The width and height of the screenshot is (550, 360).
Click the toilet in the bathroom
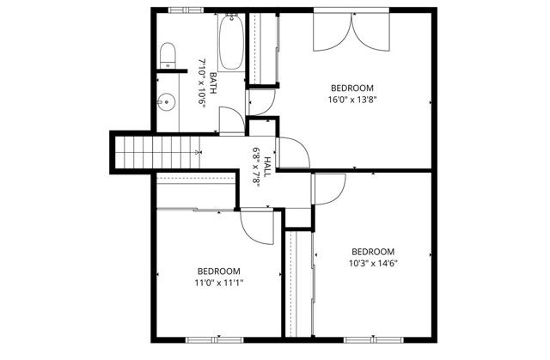[x=168, y=57]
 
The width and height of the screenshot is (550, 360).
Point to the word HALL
[x=267, y=166]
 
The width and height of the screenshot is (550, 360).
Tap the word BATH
[x=212, y=84]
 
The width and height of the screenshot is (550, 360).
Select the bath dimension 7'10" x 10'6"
[x=202, y=82]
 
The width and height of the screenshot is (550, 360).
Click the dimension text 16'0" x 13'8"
[x=352, y=100]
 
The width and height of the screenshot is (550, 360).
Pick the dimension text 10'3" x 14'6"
[x=373, y=264]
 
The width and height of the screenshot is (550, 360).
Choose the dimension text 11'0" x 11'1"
[x=219, y=282]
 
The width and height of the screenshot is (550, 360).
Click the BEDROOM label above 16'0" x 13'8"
[x=352, y=88]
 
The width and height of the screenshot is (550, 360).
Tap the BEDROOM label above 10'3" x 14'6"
[x=373, y=252]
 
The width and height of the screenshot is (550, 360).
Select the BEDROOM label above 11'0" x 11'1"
[x=219, y=270]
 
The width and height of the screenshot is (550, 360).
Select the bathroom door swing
[x=231, y=120]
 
